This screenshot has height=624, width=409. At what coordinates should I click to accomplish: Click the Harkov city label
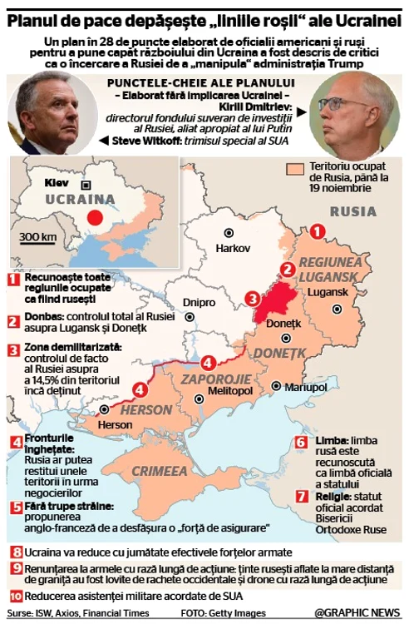coord(234,248)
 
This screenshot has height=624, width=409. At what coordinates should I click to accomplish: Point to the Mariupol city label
coord(305,388)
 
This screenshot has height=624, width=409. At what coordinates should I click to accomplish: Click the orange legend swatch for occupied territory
coord(291,169)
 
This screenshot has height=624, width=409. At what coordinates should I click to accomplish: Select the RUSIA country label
coord(352,211)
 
